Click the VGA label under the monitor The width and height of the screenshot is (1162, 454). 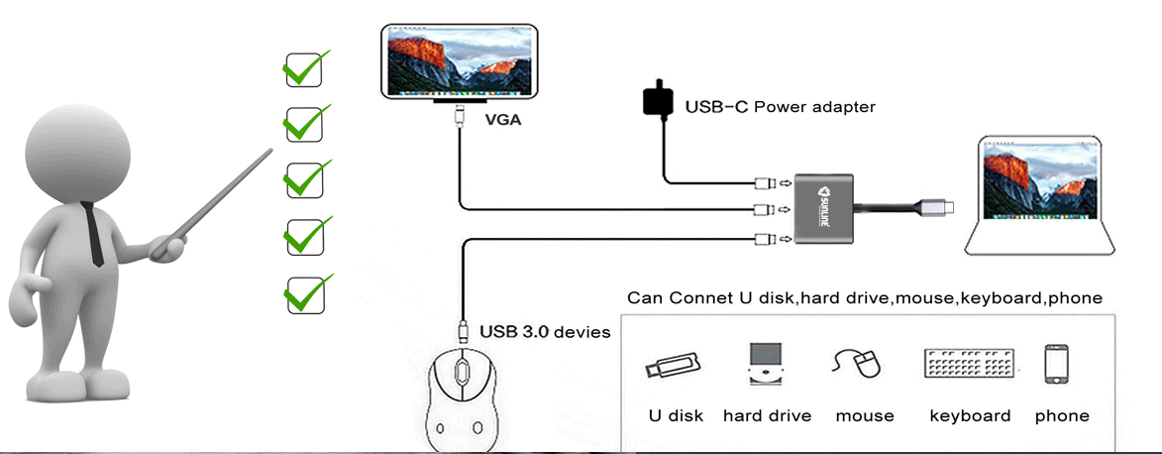coord(502,121)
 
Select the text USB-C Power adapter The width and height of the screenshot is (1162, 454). coord(780,106)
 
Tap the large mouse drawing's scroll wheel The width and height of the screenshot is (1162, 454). coord(463,375)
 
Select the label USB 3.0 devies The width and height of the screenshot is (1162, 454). coord(545,331)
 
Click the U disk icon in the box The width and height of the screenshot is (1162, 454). coord(673,364)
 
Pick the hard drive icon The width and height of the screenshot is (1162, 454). coord(766,364)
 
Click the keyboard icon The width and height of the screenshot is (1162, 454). coord(969,363)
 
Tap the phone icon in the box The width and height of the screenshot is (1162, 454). coord(1056,364)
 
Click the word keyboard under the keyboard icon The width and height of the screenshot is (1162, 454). coord(970,415)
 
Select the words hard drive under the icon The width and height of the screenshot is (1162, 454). coord(767,415)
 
